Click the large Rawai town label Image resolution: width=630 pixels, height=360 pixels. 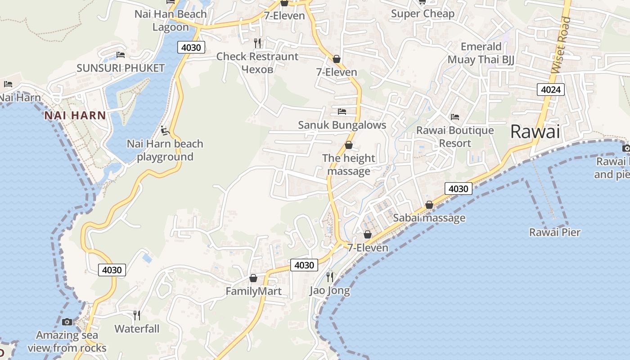click(x=535, y=132)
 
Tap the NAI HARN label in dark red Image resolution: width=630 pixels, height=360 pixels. click(x=75, y=115)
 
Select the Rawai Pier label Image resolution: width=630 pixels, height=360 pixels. click(x=554, y=232)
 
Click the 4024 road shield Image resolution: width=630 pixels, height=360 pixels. click(x=550, y=90)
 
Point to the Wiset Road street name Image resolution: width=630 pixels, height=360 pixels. click(x=561, y=45)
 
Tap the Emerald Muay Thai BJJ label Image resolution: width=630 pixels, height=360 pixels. click(x=481, y=53)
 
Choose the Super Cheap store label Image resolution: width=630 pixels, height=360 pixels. click(x=423, y=13)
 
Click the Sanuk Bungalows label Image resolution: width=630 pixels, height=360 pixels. click(x=342, y=125)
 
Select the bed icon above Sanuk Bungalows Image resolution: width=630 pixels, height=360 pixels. click(x=342, y=111)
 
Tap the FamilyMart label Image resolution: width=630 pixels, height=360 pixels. click(x=253, y=291)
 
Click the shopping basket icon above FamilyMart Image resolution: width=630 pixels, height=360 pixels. click(x=253, y=278)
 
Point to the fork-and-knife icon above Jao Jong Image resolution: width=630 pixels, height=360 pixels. click(x=330, y=276)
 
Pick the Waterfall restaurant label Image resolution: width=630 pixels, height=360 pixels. click(x=137, y=328)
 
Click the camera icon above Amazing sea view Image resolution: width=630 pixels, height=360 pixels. click(x=67, y=322)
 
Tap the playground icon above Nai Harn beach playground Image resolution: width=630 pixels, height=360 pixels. click(x=165, y=130)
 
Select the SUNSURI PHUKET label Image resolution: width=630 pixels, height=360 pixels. click(x=121, y=68)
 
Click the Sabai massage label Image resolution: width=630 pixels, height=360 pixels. click(x=429, y=218)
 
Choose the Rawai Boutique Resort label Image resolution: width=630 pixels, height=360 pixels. click(x=455, y=137)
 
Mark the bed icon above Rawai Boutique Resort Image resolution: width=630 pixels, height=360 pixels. click(x=455, y=117)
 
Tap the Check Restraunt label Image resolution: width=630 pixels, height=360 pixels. click(x=257, y=57)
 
